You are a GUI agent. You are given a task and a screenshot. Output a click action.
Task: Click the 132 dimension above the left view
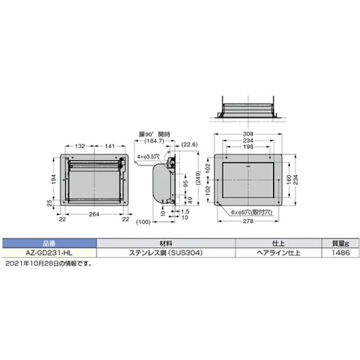point(79,146)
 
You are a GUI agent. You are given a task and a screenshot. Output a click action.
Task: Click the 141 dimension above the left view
point(109,146)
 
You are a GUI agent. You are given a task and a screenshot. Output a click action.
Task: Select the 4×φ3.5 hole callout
point(148,157)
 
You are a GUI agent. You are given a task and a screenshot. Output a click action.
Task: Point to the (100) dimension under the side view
point(144,222)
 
